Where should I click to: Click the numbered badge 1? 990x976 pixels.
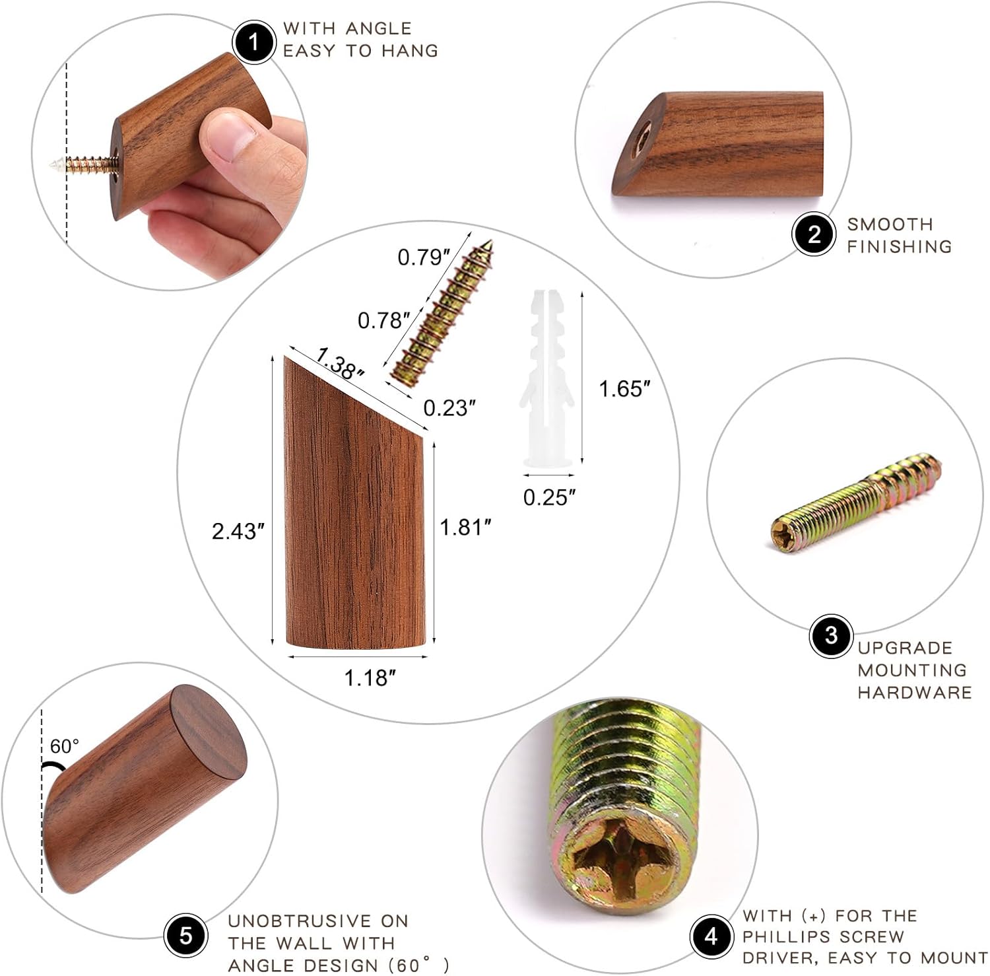tap(253, 42)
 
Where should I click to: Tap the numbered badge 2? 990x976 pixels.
tap(814, 234)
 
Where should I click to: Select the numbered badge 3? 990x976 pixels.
tap(831, 636)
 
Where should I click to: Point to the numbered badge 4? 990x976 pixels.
tap(711, 936)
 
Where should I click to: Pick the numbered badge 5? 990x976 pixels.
tap(186, 936)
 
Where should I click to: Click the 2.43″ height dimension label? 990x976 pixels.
tap(238, 531)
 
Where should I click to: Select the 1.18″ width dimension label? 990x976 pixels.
tap(370, 678)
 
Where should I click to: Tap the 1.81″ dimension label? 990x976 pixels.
tap(466, 527)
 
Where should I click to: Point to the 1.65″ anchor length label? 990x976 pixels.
tap(624, 389)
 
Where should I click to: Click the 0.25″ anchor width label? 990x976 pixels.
tap(550, 497)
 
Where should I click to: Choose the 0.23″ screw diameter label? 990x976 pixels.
tap(449, 408)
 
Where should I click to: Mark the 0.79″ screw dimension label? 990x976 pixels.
tap(424, 257)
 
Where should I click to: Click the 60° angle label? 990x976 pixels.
tap(65, 746)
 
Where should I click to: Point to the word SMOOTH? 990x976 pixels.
tap(890, 225)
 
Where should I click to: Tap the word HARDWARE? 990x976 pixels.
tap(915, 692)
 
